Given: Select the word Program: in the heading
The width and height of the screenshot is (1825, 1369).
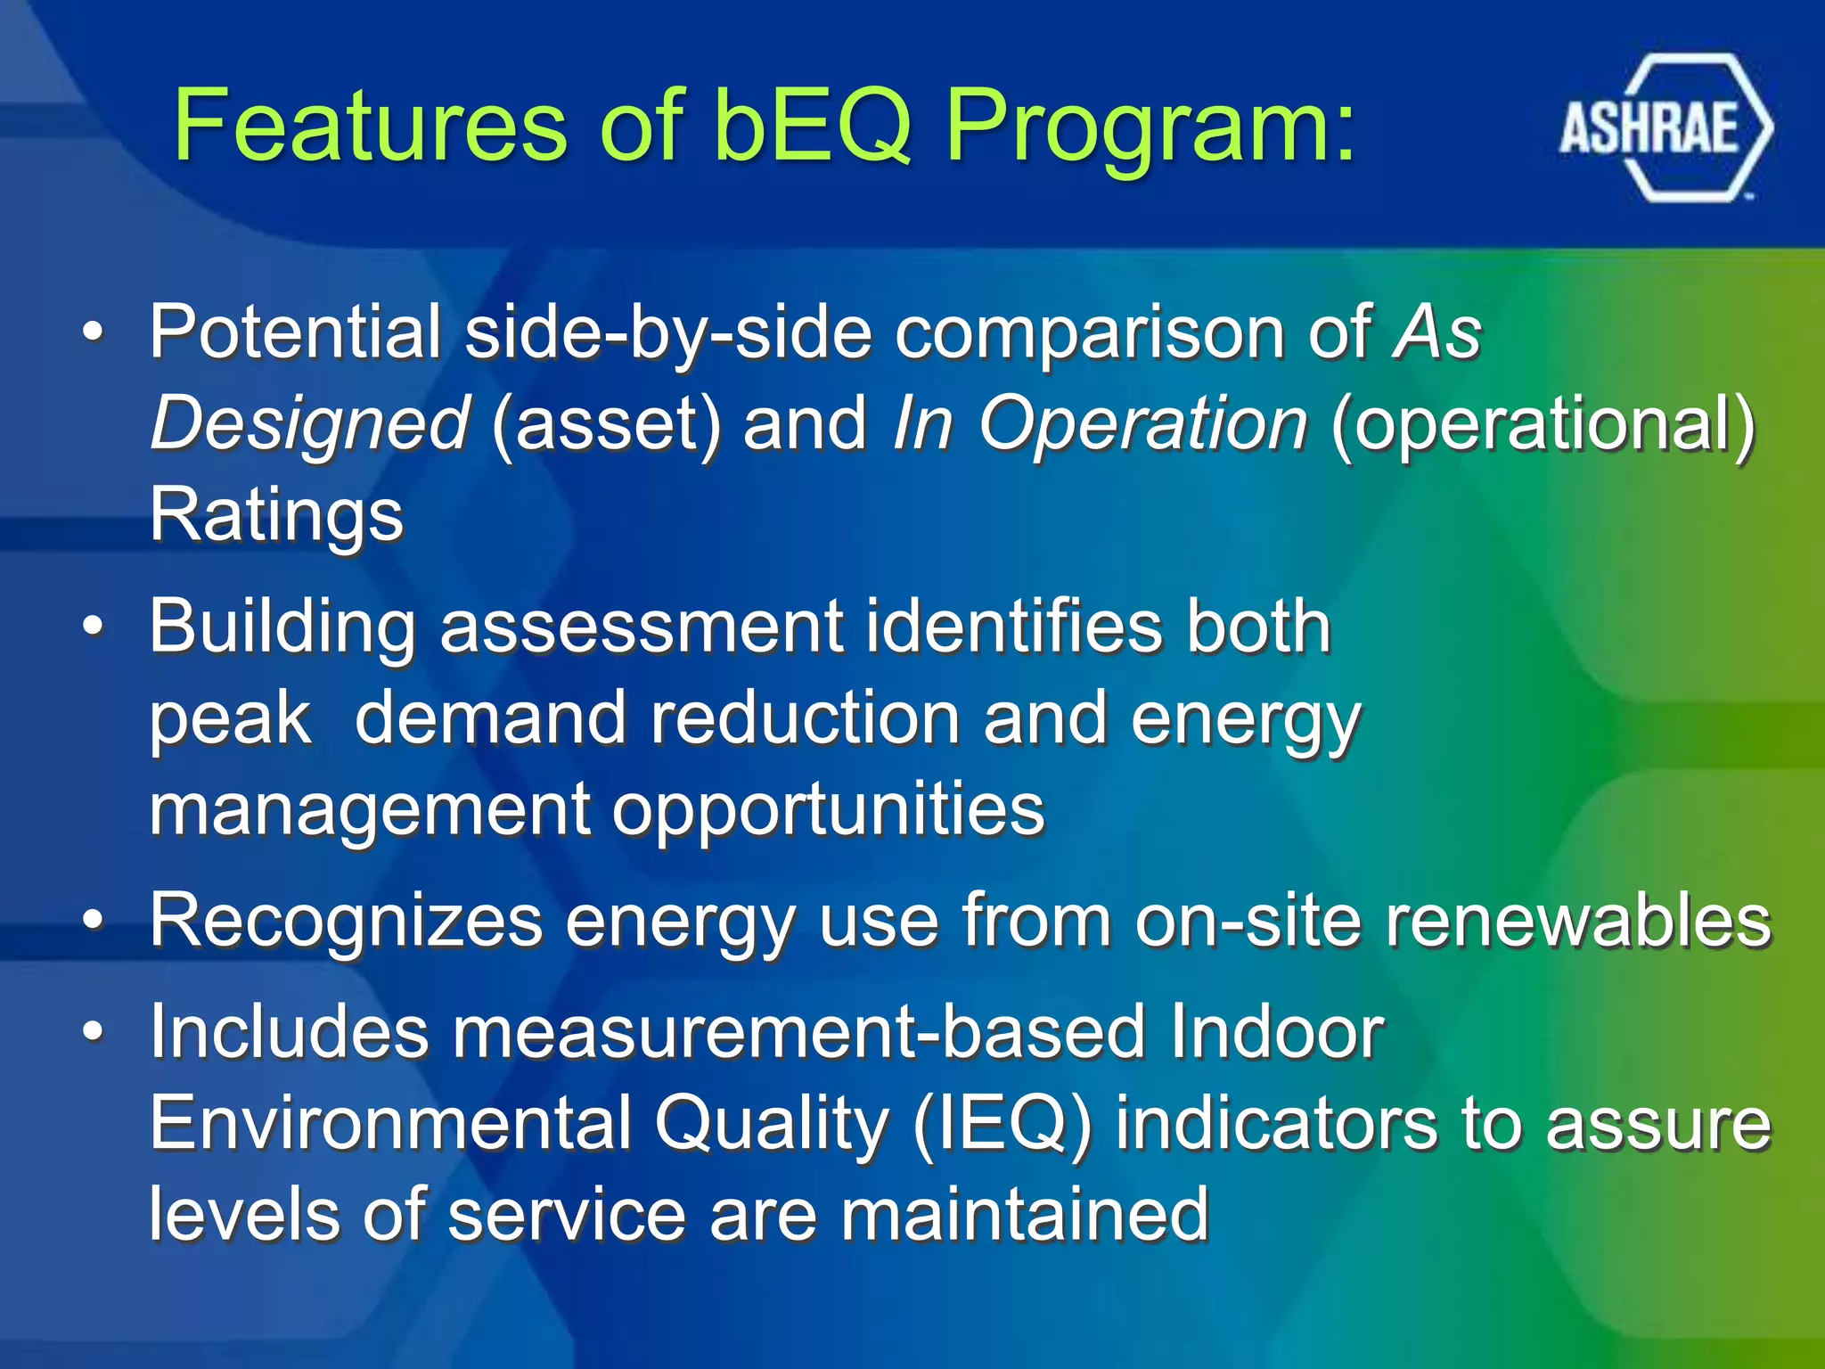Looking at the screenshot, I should pos(1150,127).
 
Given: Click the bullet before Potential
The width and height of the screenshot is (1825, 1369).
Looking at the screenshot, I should pos(93,333).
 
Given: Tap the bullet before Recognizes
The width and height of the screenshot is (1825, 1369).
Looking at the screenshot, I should pos(93,921).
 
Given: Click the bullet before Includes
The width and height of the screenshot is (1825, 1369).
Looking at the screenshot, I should pos(93,1032).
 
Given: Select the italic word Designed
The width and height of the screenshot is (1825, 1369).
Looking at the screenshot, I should pos(308,424).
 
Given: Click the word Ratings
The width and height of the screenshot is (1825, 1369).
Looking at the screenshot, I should pos(276,515).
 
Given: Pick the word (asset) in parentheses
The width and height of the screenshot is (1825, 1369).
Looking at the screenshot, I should pos(606,424).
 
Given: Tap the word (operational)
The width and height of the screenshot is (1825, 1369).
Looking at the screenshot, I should pos(1543,424).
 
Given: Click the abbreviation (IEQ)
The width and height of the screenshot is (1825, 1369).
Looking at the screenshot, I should pos(1002,1124).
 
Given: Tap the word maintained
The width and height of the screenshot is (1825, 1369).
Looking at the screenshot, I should pos(1025,1215).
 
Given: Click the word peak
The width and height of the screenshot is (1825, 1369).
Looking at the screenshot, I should pos(230,718).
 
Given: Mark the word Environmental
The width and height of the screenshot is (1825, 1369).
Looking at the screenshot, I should pos(390,1124).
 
